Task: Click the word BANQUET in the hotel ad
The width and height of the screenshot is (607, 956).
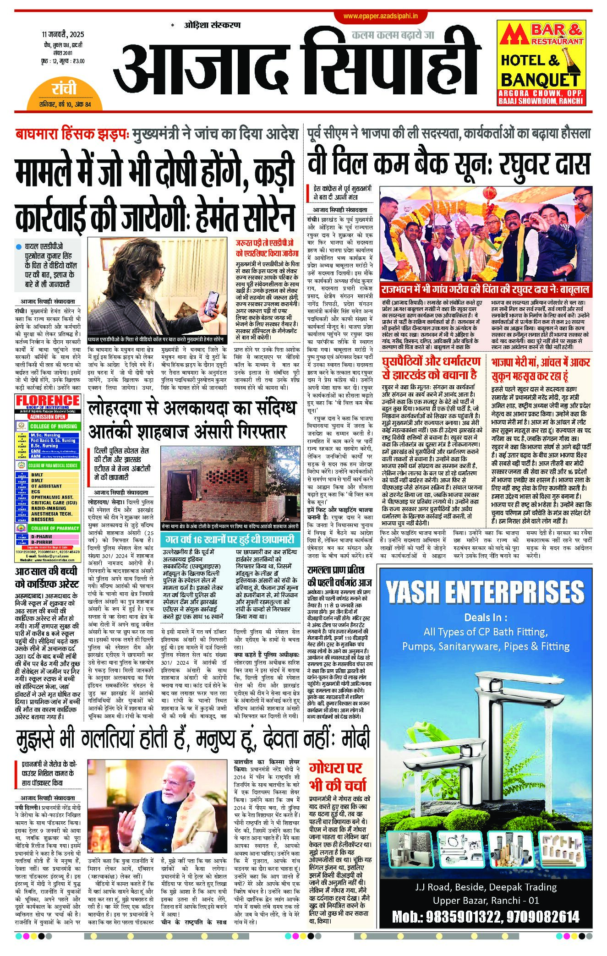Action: [540, 80]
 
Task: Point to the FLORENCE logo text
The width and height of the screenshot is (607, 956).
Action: [48, 400]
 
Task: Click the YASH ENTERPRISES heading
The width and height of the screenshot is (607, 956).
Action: [485, 592]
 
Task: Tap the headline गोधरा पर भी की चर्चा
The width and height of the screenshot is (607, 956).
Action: [338, 776]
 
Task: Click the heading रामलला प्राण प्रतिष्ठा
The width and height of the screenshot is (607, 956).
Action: [339, 576]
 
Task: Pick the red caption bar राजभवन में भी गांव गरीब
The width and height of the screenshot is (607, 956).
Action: [485, 290]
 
